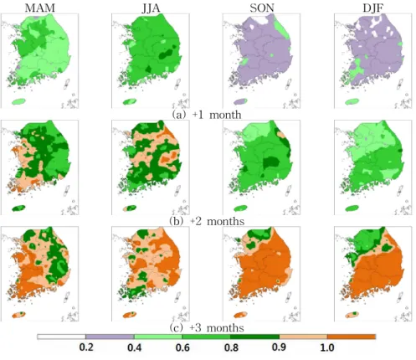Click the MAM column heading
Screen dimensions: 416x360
[x=40, y=8]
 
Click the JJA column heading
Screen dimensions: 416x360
[x=151, y=8]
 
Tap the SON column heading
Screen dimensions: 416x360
[x=262, y=8]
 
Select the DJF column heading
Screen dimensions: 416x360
[x=372, y=8]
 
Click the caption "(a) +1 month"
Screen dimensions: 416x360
[x=207, y=115]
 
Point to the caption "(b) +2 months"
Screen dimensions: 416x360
[x=207, y=221]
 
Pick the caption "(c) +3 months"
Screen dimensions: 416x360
[x=207, y=327]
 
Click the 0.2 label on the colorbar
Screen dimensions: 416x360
[x=86, y=347]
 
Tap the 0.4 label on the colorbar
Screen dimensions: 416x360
[x=135, y=347]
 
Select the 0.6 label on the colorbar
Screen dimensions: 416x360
[x=182, y=347]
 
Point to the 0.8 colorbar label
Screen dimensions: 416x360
[x=231, y=347]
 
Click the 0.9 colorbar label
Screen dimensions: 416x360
[x=279, y=347]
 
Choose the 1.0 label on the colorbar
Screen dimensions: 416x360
[x=327, y=347]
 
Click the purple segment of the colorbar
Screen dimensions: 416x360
[x=110, y=337]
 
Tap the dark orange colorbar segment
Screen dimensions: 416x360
[x=352, y=337]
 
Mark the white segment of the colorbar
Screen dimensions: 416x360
[x=62, y=337]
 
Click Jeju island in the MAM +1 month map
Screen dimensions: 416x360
[x=18, y=101]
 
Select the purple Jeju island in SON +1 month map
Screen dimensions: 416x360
[x=240, y=101]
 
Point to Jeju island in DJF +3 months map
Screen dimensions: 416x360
[x=352, y=315]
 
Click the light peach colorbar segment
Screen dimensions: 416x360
[x=303, y=337]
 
